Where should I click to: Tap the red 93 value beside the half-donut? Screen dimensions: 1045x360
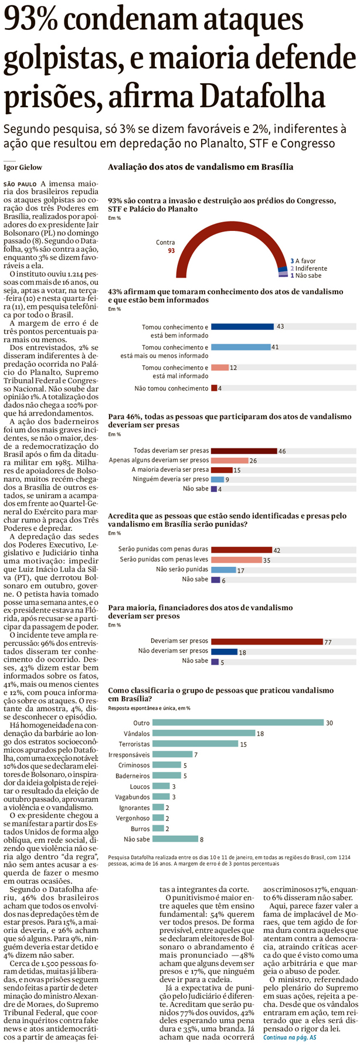pyautogui.click(x=171, y=250)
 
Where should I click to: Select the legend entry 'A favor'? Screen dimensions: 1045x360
pyautogui.click(x=305, y=261)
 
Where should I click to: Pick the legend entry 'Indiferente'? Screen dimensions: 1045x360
pyautogui.click(x=311, y=268)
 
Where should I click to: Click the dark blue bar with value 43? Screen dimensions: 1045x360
pyautogui.click(x=242, y=326)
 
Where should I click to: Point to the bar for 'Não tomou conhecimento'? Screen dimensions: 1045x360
pyautogui.click(x=214, y=388)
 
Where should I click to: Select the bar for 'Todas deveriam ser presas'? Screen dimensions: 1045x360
pyautogui.click(x=243, y=451)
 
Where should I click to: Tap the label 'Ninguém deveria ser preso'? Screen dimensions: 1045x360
pyautogui.click(x=171, y=479)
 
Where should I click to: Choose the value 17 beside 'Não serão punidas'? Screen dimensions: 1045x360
pyautogui.click(x=240, y=570)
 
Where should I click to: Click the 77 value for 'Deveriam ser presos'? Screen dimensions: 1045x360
pyautogui.click(x=328, y=642)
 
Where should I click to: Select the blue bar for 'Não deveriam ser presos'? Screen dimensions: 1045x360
pyautogui.click(x=224, y=651)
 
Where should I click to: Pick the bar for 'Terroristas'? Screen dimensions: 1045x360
pyautogui.click(x=195, y=744)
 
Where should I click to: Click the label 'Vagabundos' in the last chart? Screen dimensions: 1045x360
pyautogui.click(x=133, y=796)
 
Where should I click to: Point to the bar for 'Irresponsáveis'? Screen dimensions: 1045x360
pyautogui.click(x=172, y=754)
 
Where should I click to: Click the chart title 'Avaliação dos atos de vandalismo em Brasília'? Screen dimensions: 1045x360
pyautogui.click(x=201, y=167)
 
